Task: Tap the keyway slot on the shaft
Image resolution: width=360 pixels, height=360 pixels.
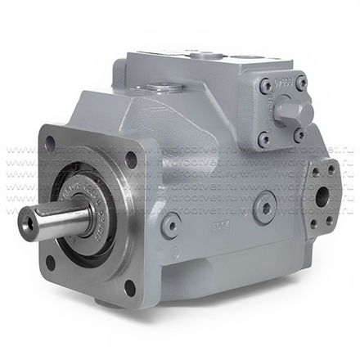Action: [61, 214]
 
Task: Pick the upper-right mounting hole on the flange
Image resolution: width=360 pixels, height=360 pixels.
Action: [130, 160]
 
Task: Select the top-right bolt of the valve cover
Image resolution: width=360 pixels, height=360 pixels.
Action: [301, 83]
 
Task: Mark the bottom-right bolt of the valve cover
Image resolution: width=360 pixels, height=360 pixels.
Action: [300, 135]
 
